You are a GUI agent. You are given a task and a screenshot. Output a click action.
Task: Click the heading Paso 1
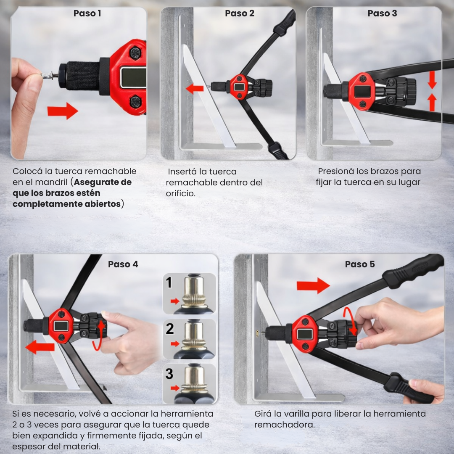point(87,13)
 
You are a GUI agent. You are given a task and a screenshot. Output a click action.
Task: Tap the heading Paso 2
point(240,13)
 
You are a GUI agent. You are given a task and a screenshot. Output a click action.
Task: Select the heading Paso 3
point(382,13)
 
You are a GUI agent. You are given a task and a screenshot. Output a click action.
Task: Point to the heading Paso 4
point(123,264)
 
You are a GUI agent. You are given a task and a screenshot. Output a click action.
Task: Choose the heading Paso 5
point(360,264)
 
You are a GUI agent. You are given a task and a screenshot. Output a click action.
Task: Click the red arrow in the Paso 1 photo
point(63,111)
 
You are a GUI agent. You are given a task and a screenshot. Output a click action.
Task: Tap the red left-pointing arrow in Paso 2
point(195,88)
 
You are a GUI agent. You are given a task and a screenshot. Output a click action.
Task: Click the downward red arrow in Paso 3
point(432,80)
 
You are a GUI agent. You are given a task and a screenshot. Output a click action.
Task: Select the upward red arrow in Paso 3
point(432,102)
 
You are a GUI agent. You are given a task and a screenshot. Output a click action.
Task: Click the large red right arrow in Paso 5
point(313,286)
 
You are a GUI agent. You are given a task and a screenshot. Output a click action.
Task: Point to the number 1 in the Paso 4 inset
point(169,282)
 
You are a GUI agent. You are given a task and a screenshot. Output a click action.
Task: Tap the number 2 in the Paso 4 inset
point(170,329)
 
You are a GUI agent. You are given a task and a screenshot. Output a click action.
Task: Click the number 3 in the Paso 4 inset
point(169,374)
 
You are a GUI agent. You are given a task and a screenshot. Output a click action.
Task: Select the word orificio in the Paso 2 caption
point(181,193)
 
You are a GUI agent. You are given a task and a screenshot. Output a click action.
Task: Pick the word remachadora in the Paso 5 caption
point(284,425)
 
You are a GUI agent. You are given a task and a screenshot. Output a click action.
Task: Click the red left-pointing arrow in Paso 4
point(40,347)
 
